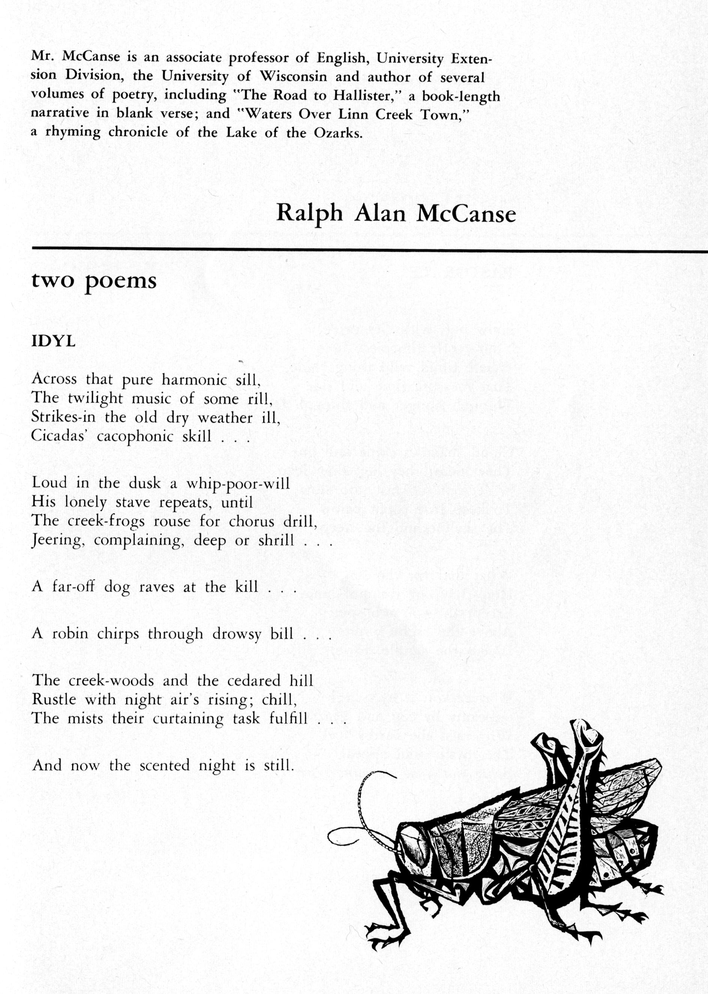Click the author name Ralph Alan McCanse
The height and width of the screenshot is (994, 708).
click(396, 214)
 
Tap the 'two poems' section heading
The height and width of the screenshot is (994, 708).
click(94, 281)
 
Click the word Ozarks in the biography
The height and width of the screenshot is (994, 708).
click(338, 133)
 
